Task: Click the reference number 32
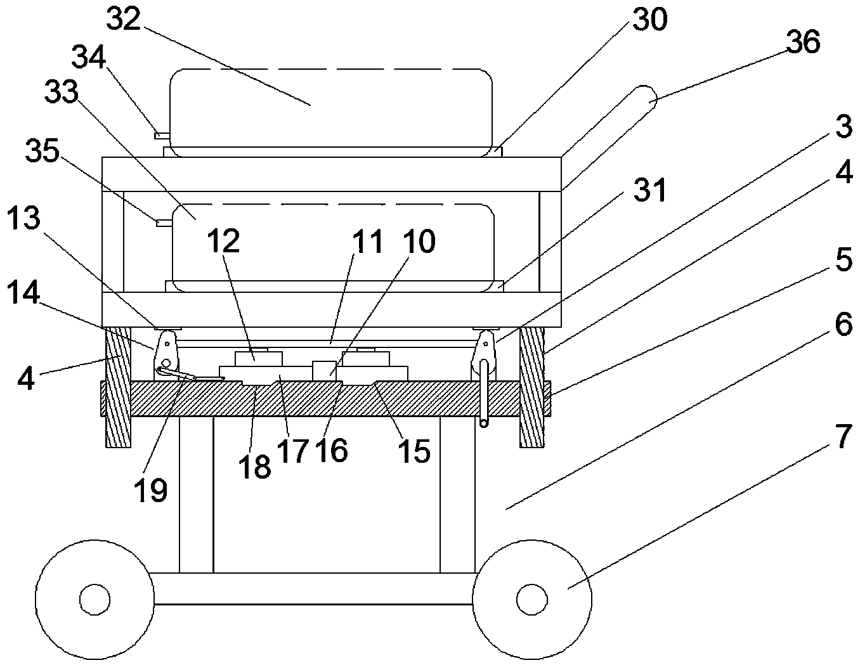pos(124,18)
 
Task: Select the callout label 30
pos(650,19)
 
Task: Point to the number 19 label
pos(150,490)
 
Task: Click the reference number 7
pos(843,436)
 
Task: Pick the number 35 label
pos(42,150)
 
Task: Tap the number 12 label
pos(223,240)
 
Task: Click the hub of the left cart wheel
pos(94,599)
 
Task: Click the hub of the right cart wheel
pos(532,599)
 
